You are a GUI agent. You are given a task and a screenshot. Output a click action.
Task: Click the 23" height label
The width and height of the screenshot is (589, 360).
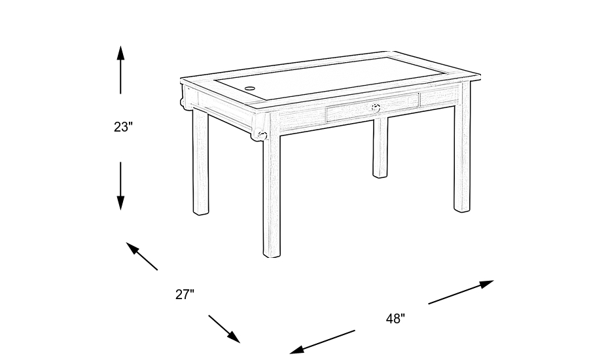(x=123, y=127)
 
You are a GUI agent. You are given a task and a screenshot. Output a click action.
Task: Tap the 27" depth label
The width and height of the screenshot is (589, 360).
(x=185, y=295)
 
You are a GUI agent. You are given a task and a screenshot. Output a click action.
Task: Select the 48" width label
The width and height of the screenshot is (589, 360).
(x=395, y=319)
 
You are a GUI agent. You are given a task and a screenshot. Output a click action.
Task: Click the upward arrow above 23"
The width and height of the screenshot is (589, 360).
(x=120, y=69)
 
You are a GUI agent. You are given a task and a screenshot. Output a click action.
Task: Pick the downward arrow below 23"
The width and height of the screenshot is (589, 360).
(x=120, y=186)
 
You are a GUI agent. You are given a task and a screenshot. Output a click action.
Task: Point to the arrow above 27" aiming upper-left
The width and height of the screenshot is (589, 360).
(x=142, y=256)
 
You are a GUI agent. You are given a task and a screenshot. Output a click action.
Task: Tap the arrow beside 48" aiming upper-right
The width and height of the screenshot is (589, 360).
(x=461, y=292)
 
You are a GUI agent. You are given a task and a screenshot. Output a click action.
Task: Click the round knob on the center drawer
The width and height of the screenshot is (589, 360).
(x=376, y=107)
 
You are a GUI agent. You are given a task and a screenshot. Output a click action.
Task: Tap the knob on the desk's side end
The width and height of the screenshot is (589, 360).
(x=262, y=135)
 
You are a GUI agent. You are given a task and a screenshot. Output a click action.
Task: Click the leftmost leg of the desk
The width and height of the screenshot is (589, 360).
(x=201, y=164)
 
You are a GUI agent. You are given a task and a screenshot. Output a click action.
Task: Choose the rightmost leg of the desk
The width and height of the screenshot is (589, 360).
(x=462, y=157)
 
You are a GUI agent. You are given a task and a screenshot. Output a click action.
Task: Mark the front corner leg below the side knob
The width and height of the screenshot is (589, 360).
(x=271, y=196)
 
